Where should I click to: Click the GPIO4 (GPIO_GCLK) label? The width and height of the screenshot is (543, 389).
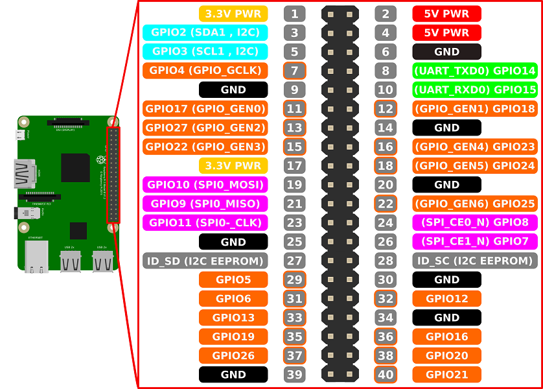coord(205,71)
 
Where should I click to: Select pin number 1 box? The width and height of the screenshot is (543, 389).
coord(294,14)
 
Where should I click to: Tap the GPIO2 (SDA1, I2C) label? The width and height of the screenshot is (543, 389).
coord(205,32)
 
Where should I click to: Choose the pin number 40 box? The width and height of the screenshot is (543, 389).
coord(386,374)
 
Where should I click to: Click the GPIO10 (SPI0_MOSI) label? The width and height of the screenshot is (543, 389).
coord(205,185)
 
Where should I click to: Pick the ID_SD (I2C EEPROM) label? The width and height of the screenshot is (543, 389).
coord(205,261)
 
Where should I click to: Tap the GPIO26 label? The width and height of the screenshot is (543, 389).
coord(233,355)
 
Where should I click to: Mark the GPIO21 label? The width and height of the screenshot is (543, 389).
coord(446,374)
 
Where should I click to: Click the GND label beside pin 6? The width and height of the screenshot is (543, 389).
coord(446,52)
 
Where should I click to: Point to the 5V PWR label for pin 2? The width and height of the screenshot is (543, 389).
coord(446,14)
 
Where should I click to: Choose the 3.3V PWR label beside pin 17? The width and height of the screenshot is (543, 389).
coord(233,165)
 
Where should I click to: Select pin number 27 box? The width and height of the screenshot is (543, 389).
coord(294,261)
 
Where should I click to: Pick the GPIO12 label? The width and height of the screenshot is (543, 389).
coord(446,298)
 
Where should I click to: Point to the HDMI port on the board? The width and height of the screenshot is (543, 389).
coord(23,173)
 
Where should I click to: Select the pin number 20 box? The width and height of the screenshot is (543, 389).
coord(386,185)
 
